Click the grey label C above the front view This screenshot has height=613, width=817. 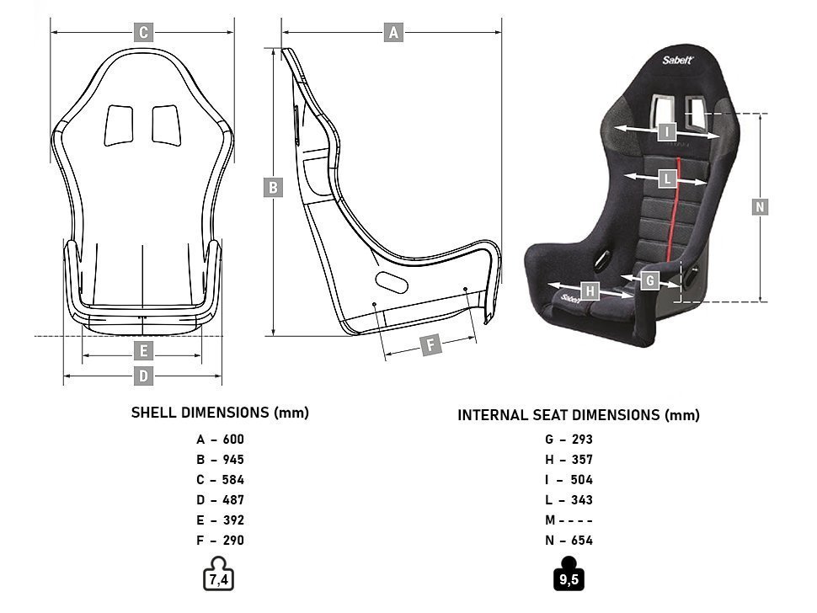144,33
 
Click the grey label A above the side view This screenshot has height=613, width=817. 392,33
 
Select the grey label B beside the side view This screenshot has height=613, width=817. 272,188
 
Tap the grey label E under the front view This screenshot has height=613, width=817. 144,350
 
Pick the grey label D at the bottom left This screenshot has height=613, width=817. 144,376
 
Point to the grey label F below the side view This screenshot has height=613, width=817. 430,345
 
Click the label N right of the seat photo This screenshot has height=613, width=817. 760,206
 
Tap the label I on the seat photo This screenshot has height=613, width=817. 667,131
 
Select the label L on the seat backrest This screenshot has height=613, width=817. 667,179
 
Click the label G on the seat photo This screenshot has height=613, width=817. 649,280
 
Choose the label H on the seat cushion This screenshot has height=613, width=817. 590,291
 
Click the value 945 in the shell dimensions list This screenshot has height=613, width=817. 233,460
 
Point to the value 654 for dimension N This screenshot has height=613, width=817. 581,541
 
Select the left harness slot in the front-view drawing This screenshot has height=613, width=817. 119,126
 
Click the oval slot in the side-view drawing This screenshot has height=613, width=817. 392,281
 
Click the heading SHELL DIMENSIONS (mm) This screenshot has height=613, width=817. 220,413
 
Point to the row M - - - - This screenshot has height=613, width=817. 569,520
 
